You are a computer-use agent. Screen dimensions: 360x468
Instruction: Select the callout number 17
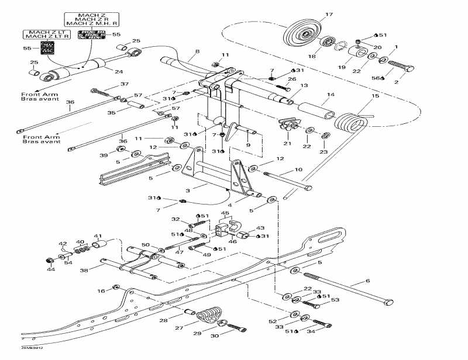click(x=328, y=14)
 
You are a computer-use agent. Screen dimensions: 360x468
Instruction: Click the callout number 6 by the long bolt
click(x=367, y=281)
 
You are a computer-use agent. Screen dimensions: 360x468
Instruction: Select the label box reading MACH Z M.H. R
click(x=91, y=23)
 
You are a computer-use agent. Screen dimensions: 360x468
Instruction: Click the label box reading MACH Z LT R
click(x=46, y=36)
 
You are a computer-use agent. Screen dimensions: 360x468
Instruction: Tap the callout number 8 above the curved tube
click(x=197, y=52)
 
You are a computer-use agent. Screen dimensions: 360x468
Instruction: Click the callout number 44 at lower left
click(x=50, y=269)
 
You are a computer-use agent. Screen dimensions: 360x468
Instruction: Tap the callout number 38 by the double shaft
click(x=85, y=270)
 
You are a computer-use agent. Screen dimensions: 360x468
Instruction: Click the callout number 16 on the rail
click(x=101, y=290)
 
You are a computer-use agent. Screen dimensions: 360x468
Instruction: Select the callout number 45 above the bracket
click(x=225, y=213)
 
